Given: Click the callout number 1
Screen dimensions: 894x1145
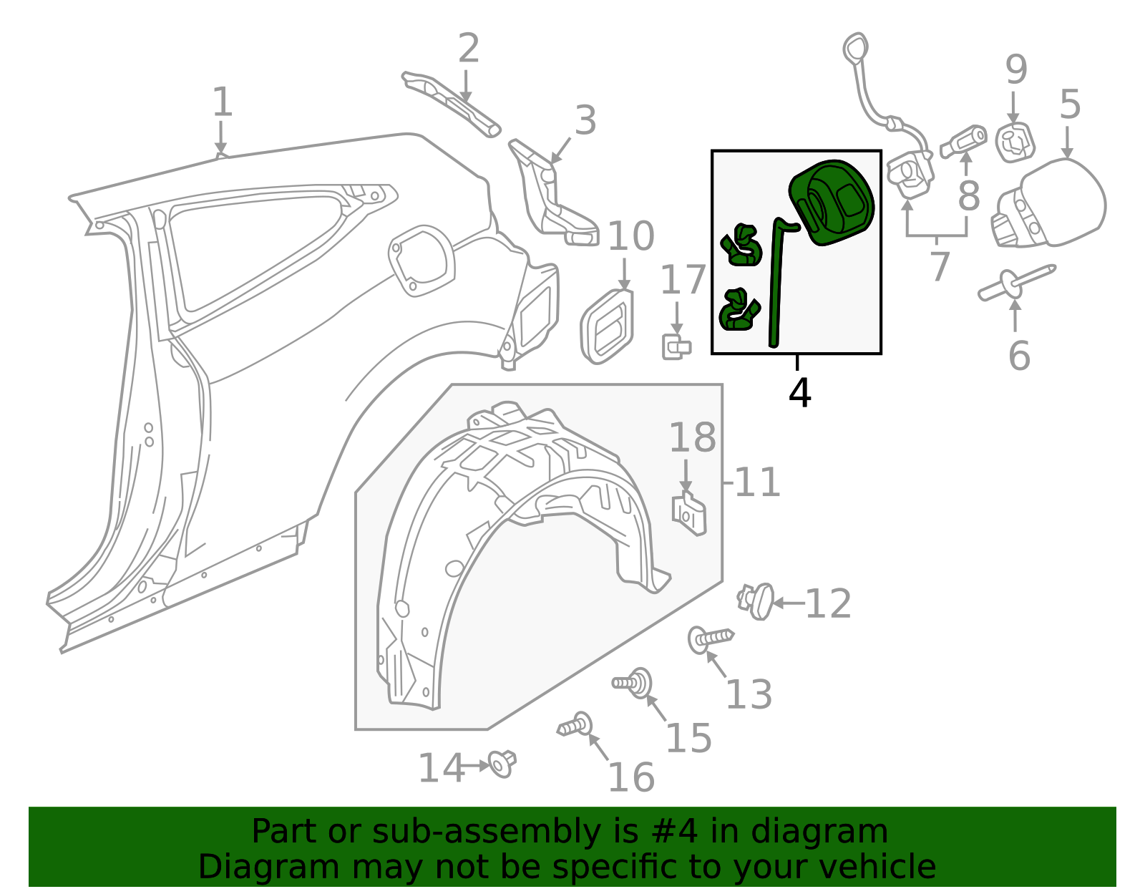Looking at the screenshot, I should (223, 102).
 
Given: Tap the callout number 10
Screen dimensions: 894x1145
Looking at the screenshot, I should (630, 236).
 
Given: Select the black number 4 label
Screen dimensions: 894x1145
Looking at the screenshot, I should (799, 393).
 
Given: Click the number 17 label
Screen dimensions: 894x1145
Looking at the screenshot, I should (683, 280).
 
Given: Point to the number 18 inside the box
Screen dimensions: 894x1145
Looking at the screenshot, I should (692, 438).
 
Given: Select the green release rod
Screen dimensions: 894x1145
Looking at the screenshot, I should (776, 286).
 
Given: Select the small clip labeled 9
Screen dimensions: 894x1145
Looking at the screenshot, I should (1015, 142).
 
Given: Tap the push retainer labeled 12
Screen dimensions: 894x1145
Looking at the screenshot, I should (757, 601).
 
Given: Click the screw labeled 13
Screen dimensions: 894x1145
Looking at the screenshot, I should (709, 638).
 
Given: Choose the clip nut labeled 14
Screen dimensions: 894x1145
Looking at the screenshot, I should (502, 764).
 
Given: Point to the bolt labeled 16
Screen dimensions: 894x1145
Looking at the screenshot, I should (576, 726).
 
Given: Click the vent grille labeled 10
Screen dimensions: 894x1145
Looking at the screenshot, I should (608, 326).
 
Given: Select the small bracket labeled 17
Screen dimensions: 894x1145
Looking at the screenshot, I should (675, 348).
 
